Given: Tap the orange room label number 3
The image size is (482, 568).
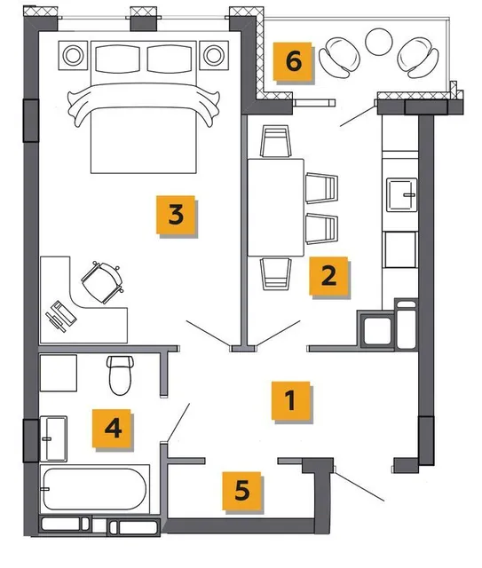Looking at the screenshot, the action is pyautogui.click(x=176, y=215).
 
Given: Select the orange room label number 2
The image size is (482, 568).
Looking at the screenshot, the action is pyautogui.click(x=328, y=276).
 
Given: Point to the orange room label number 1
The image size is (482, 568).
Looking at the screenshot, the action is pyautogui.click(x=290, y=400).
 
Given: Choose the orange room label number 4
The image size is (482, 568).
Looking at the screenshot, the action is pyautogui.click(x=112, y=429).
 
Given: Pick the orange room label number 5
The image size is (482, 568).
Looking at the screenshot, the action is pyautogui.click(x=241, y=491).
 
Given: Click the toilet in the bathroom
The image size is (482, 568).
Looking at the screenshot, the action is pyautogui.click(x=121, y=375).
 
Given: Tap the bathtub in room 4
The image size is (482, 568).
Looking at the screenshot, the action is pyautogui.click(x=94, y=489).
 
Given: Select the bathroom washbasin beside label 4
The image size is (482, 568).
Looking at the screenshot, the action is pyautogui.click(x=53, y=438).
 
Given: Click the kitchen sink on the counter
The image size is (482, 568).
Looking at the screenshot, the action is pyautogui.click(x=401, y=194).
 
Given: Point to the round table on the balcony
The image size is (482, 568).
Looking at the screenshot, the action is pyautogui.click(x=379, y=42).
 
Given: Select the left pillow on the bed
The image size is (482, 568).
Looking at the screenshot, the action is pyautogui.click(x=117, y=59).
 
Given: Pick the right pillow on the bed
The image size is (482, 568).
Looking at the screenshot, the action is pyautogui.click(x=170, y=59).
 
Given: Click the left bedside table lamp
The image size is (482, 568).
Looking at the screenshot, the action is pyautogui.click(x=73, y=55).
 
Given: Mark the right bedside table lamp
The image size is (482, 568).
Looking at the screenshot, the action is pyautogui.click(x=214, y=55).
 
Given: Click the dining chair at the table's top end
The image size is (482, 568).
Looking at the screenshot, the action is pyautogui.click(x=276, y=141).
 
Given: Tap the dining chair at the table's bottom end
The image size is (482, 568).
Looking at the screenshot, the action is pyautogui.click(x=276, y=273).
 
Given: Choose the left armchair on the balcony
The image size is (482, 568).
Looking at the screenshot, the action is pyautogui.click(x=340, y=57).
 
